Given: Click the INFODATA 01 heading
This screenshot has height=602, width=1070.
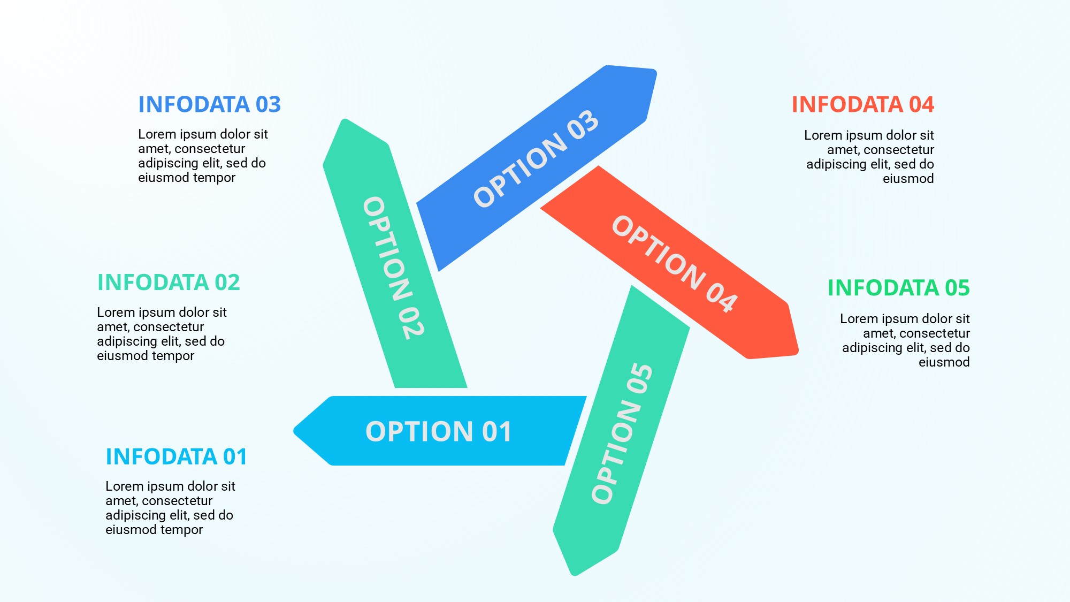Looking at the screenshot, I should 176,457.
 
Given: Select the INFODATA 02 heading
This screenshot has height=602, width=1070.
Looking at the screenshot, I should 169,283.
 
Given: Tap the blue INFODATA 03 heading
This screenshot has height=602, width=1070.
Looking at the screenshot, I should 209,104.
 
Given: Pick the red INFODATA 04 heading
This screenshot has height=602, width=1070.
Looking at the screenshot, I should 862,104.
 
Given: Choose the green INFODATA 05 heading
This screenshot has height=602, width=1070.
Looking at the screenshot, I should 898,288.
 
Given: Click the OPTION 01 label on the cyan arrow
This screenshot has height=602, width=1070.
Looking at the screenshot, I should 438,431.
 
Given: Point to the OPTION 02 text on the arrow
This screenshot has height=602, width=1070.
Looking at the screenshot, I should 394,268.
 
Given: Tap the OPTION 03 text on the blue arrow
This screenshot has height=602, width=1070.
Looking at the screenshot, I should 536,158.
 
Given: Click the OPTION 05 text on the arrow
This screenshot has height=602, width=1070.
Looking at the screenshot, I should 622,433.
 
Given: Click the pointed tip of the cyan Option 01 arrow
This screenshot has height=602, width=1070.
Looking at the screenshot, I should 296,431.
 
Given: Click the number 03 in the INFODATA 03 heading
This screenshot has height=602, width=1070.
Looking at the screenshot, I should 268,104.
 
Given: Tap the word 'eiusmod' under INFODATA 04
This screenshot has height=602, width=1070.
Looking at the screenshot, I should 908,179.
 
